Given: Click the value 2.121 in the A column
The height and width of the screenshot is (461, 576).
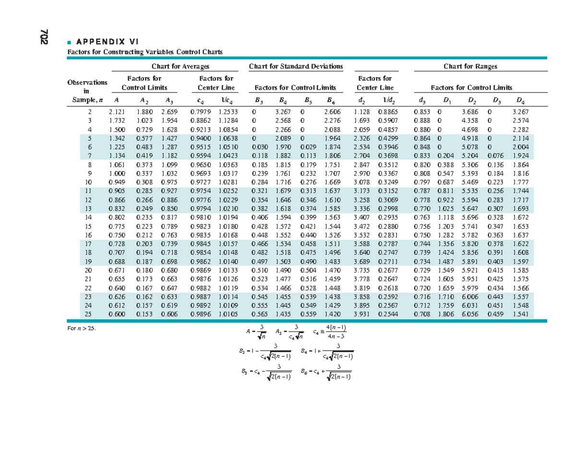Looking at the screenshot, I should [x=118, y=111].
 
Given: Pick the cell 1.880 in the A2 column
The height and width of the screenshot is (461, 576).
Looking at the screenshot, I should [x=144, y=111].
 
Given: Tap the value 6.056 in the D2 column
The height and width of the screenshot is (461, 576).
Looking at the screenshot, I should [x=468, y=314].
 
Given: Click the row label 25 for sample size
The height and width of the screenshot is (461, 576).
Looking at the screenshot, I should [x=88, y=314].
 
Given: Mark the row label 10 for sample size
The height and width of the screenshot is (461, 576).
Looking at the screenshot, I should [x=88, y=182].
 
